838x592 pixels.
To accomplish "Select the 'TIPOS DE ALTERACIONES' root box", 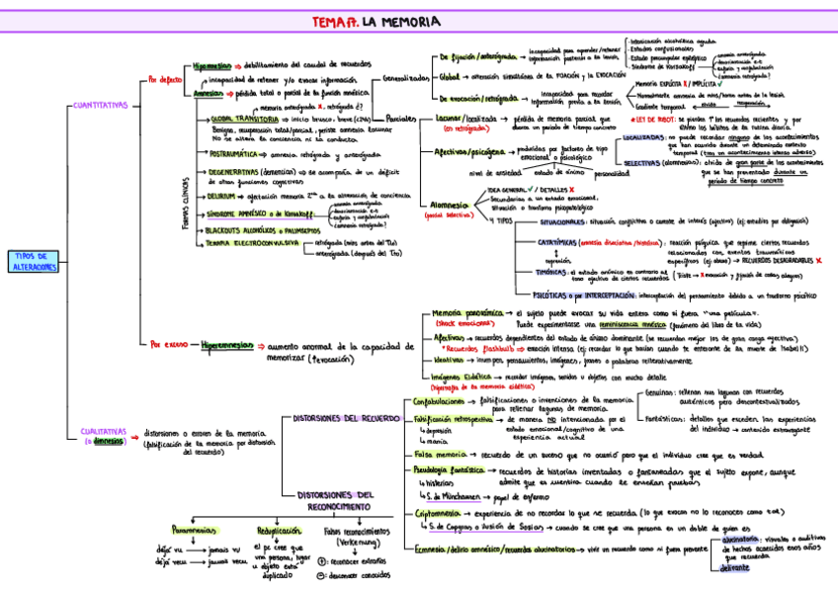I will (35, 262).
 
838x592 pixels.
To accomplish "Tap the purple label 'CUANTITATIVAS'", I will (101, 105).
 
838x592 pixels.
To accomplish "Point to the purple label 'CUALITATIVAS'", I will (103, 432).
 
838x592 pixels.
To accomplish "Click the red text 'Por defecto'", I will (165, 80).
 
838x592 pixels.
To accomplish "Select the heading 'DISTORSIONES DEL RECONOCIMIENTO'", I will (336, 500).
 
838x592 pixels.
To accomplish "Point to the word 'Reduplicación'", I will (279, 531).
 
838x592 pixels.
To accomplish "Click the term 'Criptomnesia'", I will (441, 513).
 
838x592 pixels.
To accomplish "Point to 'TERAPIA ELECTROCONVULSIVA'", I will (252, 243).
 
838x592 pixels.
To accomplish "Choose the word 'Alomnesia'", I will (449, 205).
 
